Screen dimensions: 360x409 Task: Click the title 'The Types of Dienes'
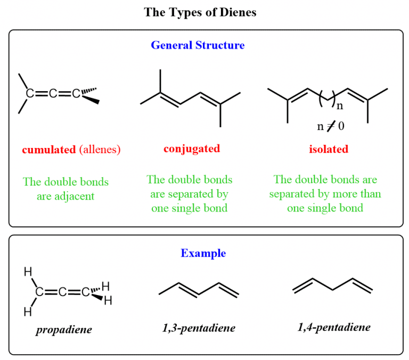(x=200, y=12)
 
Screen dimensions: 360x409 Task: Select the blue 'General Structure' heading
(x=198, y=45)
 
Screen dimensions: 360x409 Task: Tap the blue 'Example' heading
(x=203, y=253)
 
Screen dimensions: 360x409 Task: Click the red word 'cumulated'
(x=49, y=150)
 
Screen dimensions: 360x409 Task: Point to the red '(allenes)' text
(x=100, y=150)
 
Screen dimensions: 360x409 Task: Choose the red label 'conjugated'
(x=192, y=149)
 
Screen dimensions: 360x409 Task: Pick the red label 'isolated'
(x=329, y=149)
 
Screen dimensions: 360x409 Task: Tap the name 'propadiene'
(x=64, y=330)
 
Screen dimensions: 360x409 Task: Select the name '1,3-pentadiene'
(x=199, y=328)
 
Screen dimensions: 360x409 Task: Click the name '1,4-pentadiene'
(x=334, y=327)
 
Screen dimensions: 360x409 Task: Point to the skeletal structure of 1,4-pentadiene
(x=332, y=286)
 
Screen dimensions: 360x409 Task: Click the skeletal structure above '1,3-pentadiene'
(x=199, y=288)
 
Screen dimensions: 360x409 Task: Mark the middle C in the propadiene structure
(x=62, y=292)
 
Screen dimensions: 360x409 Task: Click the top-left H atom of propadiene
(x=28, y=273)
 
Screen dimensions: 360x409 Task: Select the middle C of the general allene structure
(x=53, y=94)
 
